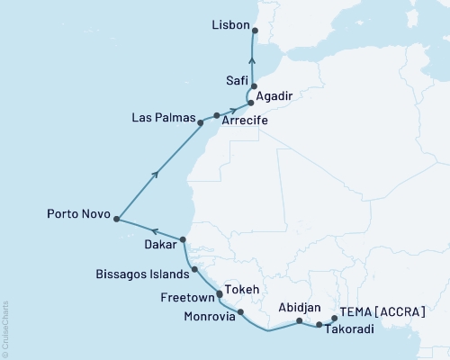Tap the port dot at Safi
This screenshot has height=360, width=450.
(255, 86)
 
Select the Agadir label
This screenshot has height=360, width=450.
(274, 94)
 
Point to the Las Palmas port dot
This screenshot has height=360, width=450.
(217, 115)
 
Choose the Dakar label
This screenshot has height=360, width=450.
(157, 242)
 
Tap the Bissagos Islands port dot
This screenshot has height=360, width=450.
(194, 269)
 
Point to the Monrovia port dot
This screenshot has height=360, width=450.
(240, 312)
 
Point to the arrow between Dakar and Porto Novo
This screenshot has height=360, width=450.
(153, 229)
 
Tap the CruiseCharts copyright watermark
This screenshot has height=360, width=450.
(5, 328)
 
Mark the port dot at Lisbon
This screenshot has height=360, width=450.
(255, 31)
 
